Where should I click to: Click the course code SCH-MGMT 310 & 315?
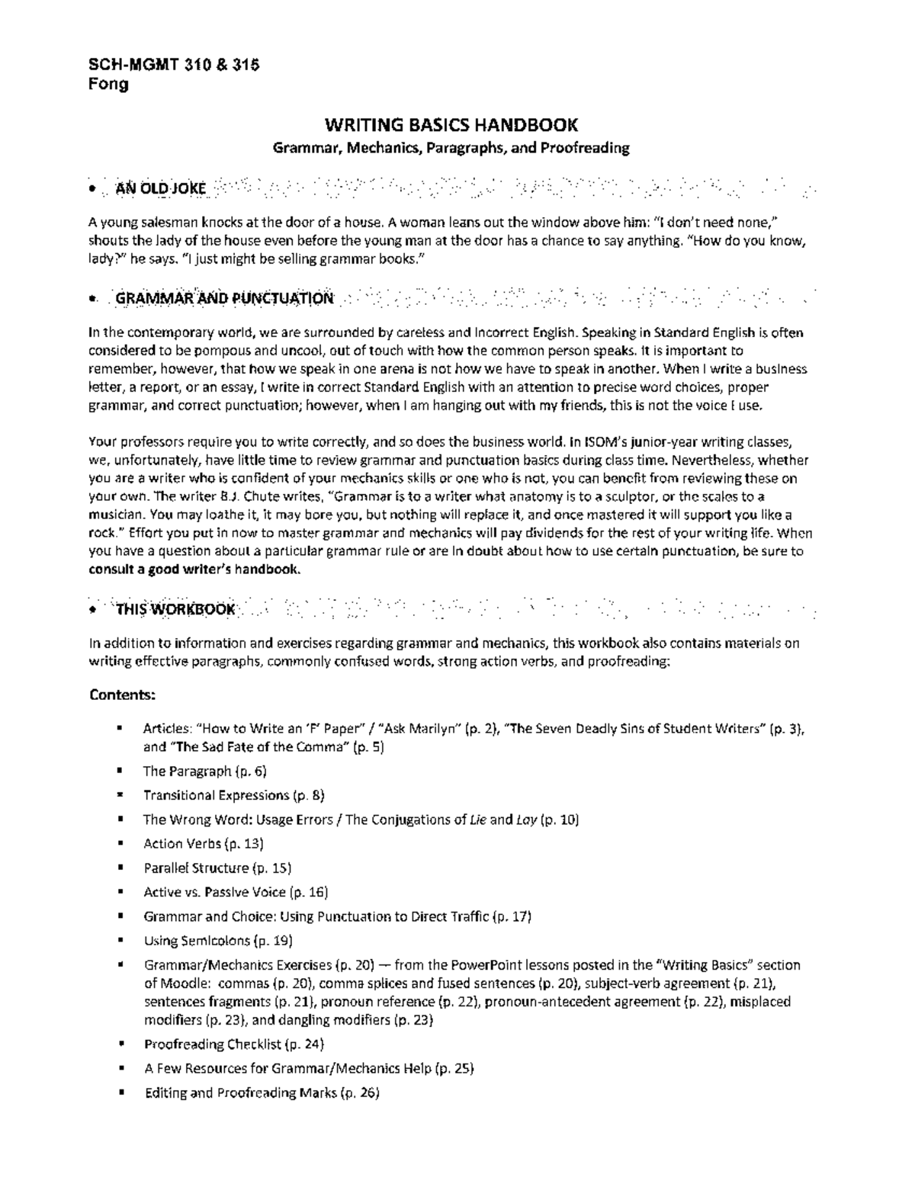click(174, 65)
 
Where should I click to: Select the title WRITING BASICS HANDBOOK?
click(451, 125)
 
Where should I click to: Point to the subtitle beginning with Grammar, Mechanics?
click(451, 148)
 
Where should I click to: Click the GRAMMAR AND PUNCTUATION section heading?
click(223, 299)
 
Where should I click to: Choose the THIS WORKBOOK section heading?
click(175, 609)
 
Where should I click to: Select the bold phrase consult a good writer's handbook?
click(194, 570)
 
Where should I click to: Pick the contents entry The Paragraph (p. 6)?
click(204, 771)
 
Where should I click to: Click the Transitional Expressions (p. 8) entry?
click(233, 795)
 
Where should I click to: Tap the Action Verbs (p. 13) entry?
click(203, 843)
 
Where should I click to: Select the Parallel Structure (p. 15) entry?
click(217, 868)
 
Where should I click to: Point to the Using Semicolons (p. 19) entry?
click(217, 941)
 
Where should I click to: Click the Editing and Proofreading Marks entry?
click(261, 1093)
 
